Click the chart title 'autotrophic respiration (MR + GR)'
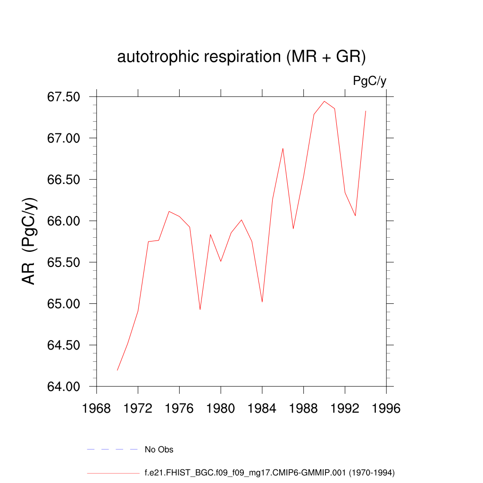[241, 57]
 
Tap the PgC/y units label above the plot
[369, 81]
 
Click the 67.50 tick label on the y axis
[67, 97]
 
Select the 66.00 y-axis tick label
[67, 221]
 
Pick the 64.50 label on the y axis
[67, 345]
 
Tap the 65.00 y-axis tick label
[67, 304]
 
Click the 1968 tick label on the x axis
[97, 408]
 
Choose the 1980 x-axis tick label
[221, 408]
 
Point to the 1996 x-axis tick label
[386, 408]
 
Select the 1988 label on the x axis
[303, 408]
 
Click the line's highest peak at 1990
[325, 101]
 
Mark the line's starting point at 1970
[117, 370]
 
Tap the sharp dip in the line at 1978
[200, 309]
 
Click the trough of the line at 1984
[262, 302]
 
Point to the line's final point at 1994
[366, 111]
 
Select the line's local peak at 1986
[283, 149]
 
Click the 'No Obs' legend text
[159, 450]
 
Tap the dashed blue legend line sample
[112, 450]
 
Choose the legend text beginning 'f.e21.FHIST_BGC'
[269, 472]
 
